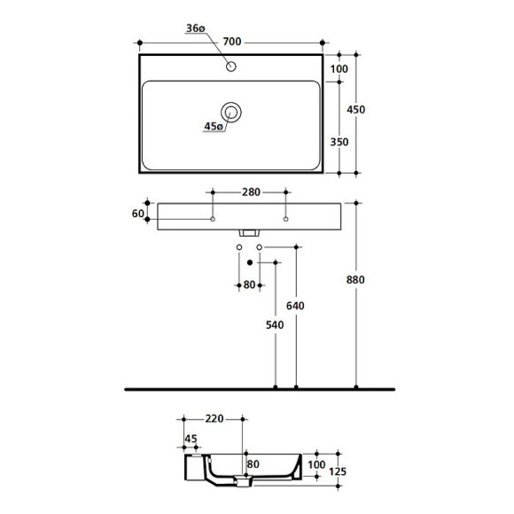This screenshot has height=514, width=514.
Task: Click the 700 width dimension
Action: coord(233,42)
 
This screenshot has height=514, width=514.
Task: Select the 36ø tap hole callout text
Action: coord(196,28)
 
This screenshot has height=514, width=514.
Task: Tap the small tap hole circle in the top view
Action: coord(231,66)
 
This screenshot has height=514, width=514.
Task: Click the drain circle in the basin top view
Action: coord(232,112)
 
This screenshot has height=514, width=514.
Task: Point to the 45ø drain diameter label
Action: coord(213,127)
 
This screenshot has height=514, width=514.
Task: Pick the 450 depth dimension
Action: coord(356,109)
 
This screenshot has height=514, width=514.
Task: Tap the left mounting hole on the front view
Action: coord(213,218)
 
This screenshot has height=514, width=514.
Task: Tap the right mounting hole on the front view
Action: coord(285,218)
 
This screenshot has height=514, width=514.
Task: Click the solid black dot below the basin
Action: coord(250,263)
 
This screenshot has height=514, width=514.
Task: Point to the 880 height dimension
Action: coord(356,279)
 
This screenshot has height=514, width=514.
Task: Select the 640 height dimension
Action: coord(296,306)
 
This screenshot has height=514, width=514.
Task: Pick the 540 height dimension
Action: coord(275,325)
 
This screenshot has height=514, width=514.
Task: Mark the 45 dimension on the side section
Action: coord(191,438)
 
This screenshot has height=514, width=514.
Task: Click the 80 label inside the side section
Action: coord(253,463)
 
